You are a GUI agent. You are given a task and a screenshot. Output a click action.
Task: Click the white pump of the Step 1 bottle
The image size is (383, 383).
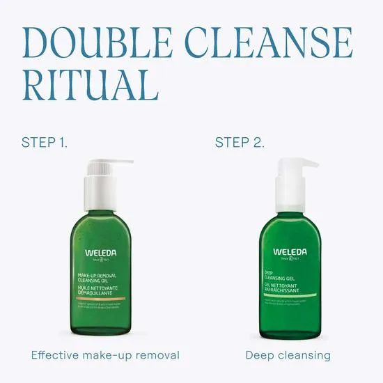click(x=102, y=185)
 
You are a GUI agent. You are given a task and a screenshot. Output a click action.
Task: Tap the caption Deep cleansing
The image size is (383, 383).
click(x=288, y=356)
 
